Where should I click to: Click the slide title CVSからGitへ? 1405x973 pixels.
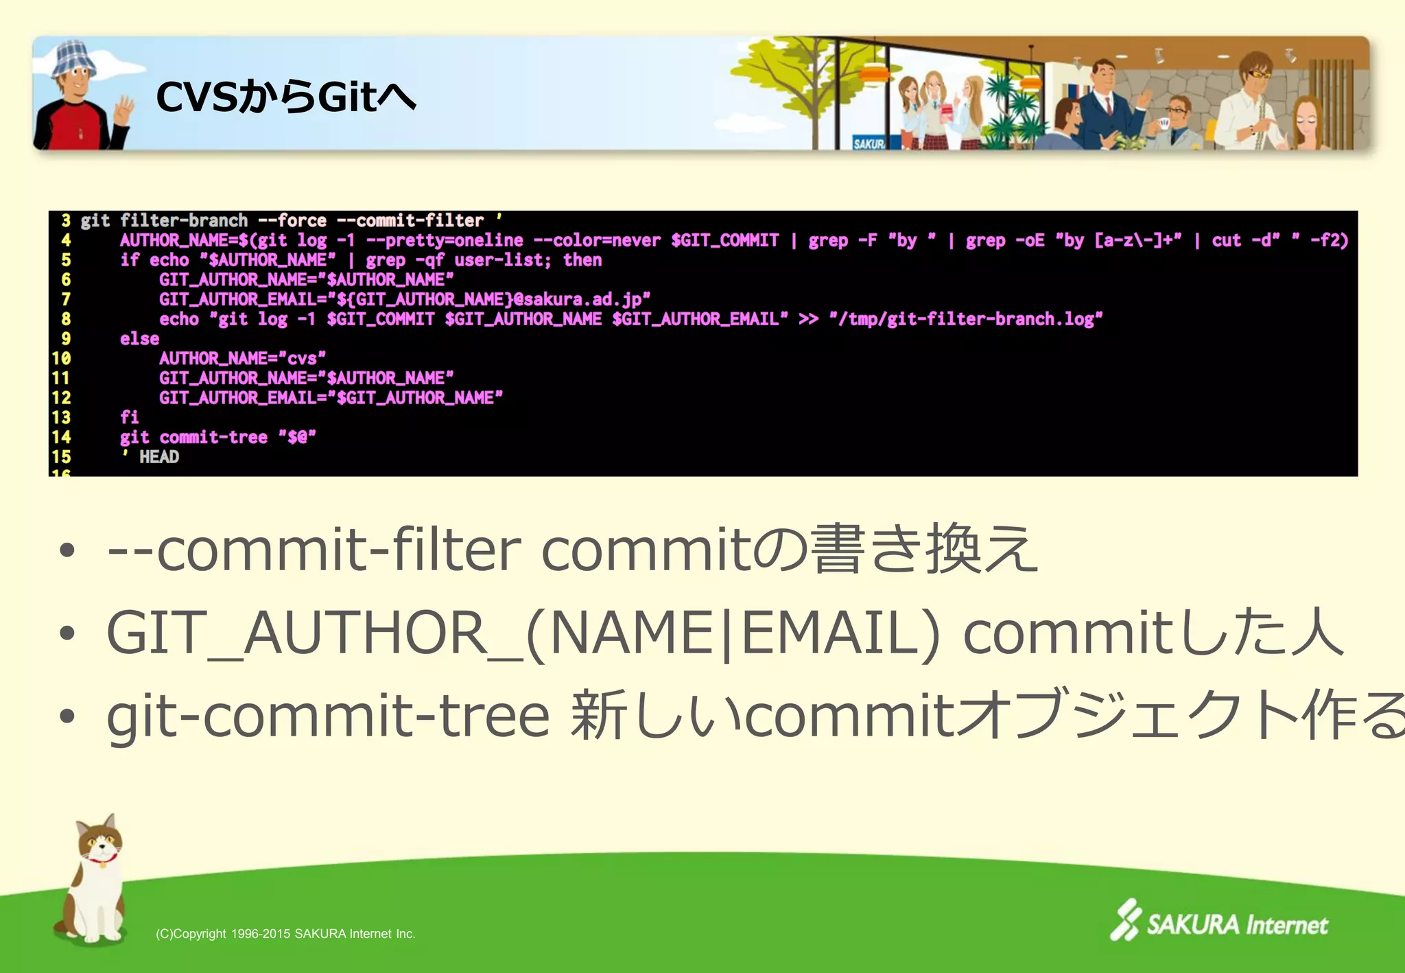pyautogui.click(x=285, y=97)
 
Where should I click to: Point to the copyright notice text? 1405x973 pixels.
pyautogui.click(x=285, y=934)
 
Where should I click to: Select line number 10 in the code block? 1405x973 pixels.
pyautogui.click(x=61, y=358)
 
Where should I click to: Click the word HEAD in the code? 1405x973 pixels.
pyautogui.click(x=159, y=457)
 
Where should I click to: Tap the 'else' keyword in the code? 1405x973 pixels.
pyautogui.click(x=139, y=339)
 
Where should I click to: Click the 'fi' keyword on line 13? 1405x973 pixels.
pyautogui.click(x=129, y=417)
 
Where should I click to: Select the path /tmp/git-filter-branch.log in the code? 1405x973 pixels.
pyautogui.click(x=965, y=319)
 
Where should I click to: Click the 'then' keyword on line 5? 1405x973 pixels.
pyautogui.click(x=582, y=260)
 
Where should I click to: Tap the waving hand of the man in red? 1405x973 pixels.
pyautogui.click(x=124, y=110)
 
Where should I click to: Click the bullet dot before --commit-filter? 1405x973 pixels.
pyautogui.click(x=67, y=550)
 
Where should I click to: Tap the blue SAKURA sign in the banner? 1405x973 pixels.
pyautogui.click(x=869, y=143)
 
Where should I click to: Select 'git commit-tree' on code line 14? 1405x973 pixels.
pyautogui.click(x=193, y=437)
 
